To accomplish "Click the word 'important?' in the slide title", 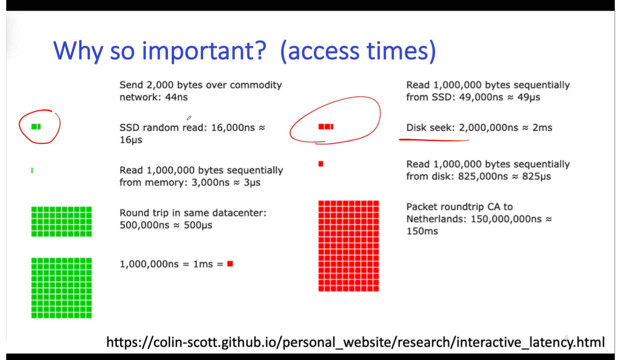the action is click(204, 51).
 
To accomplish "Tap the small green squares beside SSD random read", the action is click(36, 127).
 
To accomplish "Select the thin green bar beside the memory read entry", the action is click(32, 170).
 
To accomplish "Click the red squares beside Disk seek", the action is click(326, 127).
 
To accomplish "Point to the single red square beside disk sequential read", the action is click(321, 164).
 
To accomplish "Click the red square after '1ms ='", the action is click(230, 263).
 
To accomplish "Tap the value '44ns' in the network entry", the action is click(176, 97).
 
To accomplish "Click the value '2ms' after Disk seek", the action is click(542, 127).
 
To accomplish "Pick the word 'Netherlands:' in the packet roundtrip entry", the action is click(436, 219).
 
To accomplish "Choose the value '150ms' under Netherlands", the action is click(422, 231).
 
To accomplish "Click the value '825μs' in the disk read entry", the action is click(536, 177).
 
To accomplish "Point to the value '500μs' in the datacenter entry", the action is click(198, 225).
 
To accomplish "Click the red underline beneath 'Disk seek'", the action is click(434, 140).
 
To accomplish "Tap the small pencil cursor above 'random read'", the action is click(189, 118).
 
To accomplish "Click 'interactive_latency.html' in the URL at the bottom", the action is click(530, 342).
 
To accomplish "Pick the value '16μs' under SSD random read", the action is click(131, 140).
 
